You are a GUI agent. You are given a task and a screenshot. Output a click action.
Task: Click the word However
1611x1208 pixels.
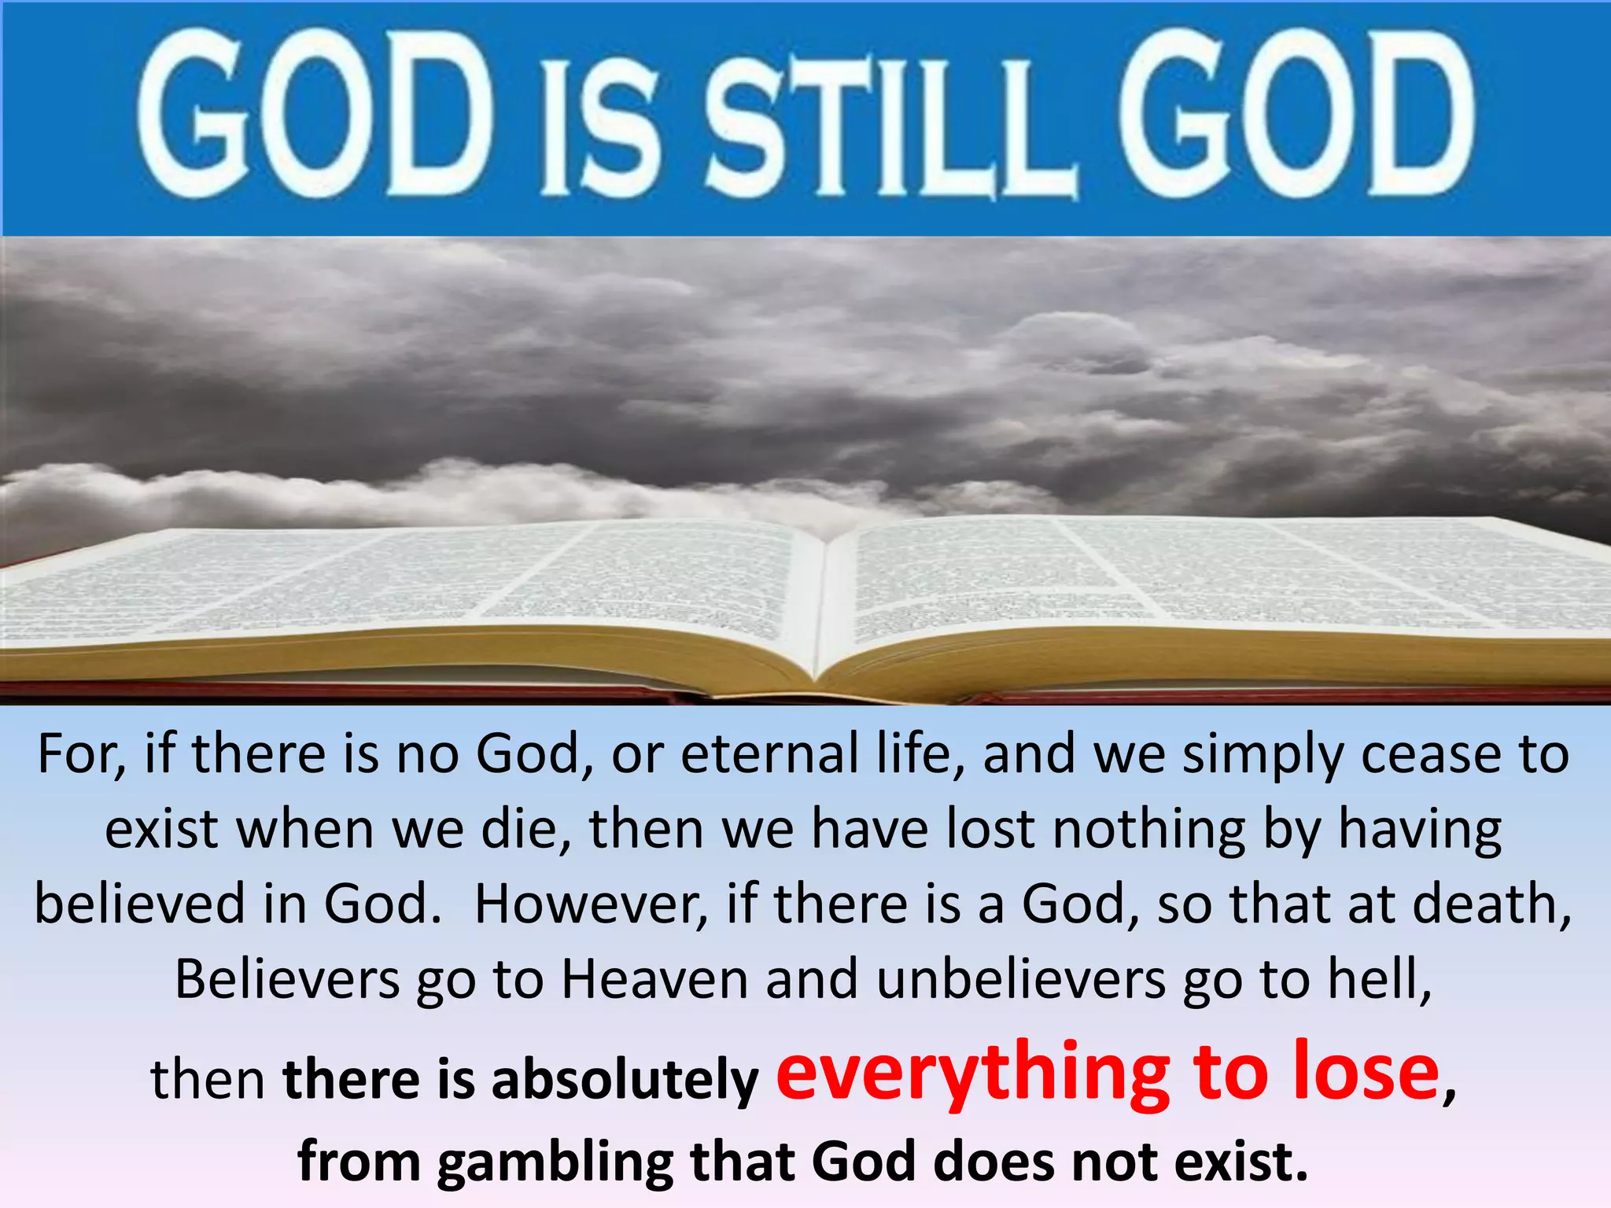tap(591, 904)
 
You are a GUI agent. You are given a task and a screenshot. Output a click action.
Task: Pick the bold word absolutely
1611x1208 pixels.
tap(625, 1080)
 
